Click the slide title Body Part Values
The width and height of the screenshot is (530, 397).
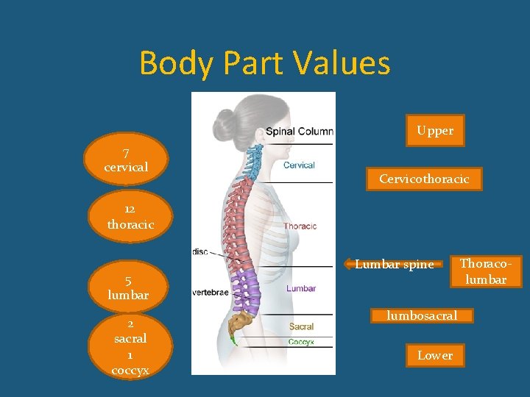(x=264, y=63)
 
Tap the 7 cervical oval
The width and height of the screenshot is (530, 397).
(x=126, y=160)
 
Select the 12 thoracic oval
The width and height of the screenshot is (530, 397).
(x=130, y=218)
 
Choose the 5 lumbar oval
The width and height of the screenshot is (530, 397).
(x=128, y=287)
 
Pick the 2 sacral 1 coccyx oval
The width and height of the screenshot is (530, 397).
(x=130, y=346)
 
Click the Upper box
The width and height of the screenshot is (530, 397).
(x=435, y=131)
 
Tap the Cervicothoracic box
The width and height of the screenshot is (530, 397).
(x=424, y=179)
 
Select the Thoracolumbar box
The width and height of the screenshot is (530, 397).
(x=483, y=271)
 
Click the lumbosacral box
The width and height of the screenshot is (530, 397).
(x=423, y=315)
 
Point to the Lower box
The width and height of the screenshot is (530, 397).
(x=435, y=355)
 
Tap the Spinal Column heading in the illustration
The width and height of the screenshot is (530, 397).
(x=299, y=132)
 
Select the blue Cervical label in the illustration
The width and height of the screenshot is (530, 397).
(x=299, y=165)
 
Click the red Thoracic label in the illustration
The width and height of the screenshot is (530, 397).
(x=300, y=226)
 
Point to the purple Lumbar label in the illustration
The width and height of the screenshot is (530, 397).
(x=301, y=288)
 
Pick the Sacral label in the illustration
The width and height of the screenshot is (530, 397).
(x=301, y=326)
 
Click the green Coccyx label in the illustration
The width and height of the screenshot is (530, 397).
(x=301, y=341)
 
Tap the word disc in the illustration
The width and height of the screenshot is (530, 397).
(x=200, y=251)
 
